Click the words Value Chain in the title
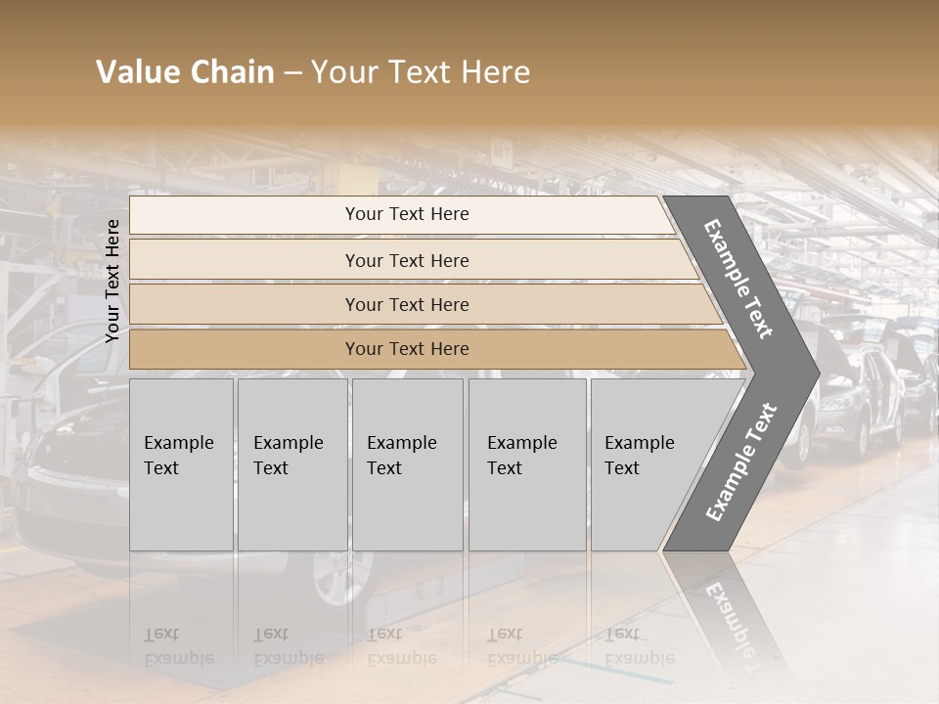point(185,72)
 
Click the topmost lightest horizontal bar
point(406,214)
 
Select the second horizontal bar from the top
point(406,260)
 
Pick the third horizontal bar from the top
point(406,304)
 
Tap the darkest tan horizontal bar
point(406,349)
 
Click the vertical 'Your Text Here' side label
point(112,281)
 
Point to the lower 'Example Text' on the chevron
point(741,462)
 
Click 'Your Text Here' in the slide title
point(421,72)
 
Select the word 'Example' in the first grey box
point(178,443)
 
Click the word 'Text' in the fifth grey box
point(622,468)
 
